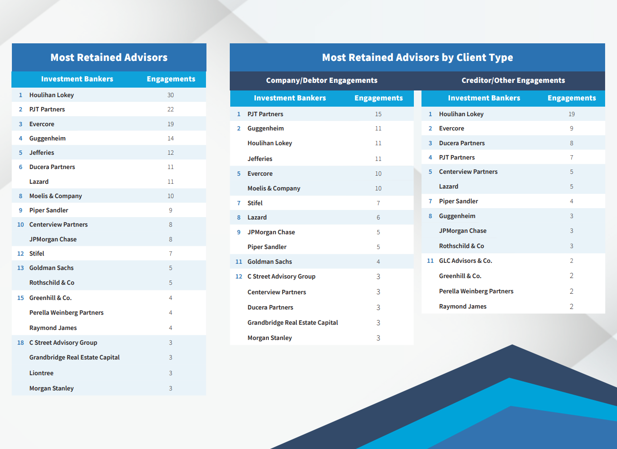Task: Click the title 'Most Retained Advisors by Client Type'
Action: [417, 57]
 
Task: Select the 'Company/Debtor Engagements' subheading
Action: [322, 80]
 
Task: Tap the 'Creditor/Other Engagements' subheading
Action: [513, 80]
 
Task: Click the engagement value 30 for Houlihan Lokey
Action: [170, 95]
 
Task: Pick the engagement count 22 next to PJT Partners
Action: [170, 110]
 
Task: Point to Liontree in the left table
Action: [41, 373]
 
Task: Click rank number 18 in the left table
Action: [20, 343]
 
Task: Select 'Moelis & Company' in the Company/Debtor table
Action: [274, 188]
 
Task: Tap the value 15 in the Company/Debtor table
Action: [378, 114]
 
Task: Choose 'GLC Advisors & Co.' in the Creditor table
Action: [466, 261]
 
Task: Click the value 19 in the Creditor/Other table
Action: [571, 114]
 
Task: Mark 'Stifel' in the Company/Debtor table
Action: [255, 203]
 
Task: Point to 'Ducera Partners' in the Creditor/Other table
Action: [461, 143]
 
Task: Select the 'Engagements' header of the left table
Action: [171, 79]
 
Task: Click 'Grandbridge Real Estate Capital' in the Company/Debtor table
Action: [293, 323]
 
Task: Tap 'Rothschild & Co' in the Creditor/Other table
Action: [461, 246]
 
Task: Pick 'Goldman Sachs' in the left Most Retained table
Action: [51, 268]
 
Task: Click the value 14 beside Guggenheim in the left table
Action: [170, 139]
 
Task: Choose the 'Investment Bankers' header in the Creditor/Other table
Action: [484, 98]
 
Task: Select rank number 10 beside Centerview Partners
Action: [20, 225]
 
